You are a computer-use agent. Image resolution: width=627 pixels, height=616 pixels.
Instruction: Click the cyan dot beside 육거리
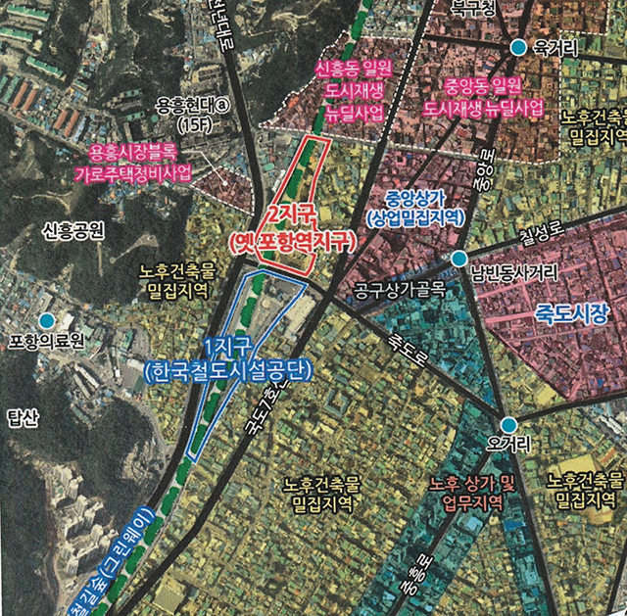point(518,47)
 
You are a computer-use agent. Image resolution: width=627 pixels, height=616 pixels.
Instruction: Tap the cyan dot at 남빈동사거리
point(458,258)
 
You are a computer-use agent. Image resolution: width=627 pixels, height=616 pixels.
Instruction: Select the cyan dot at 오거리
point(507,424)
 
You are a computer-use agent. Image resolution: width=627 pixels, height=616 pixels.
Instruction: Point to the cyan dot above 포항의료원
point(45,319)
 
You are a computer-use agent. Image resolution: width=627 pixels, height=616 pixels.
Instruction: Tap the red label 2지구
point(290,216)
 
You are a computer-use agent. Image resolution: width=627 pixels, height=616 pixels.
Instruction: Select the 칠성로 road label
point(543,235)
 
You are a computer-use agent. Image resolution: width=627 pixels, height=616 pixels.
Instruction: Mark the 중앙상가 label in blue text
point(412,199)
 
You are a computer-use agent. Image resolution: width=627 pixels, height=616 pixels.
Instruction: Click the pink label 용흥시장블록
point(134,153)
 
